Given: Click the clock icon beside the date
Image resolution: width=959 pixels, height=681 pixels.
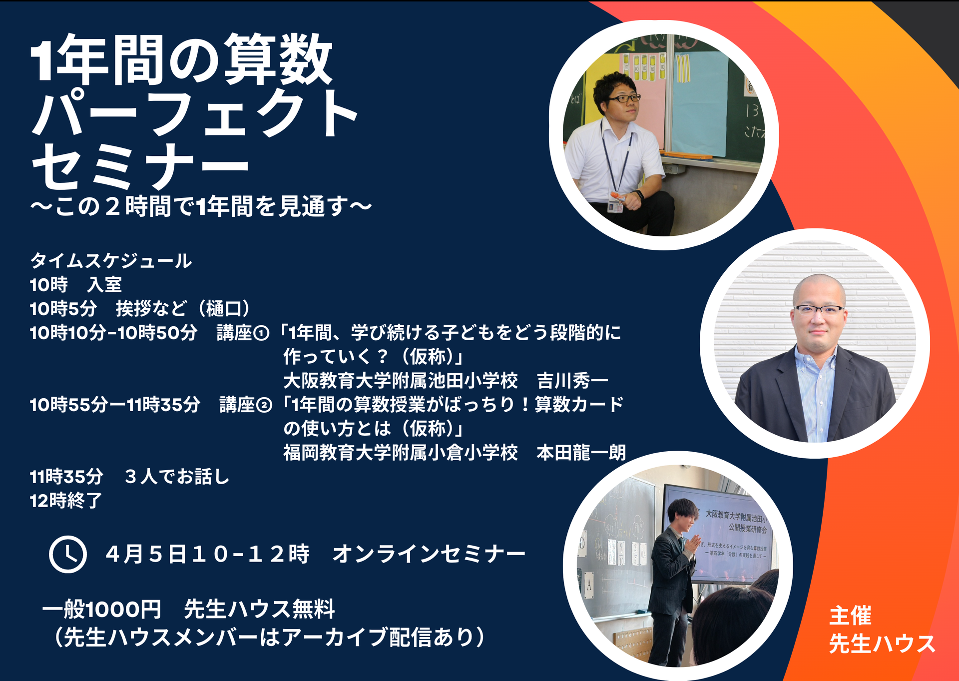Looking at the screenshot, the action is (x=68, y=555).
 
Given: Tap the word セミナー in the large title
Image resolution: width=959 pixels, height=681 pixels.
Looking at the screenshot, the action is (x=140, y=166).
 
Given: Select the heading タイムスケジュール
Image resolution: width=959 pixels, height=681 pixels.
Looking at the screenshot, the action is (x=111, y=261).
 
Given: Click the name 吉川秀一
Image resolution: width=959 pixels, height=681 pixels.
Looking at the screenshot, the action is (x=572, y=381).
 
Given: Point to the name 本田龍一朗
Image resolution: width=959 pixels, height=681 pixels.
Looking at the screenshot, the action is (x=581, y=453).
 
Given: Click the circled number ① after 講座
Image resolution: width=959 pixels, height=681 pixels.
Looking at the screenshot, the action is (x=262, y=333).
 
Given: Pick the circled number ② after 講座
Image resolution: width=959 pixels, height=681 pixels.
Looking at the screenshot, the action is (x=264, y=405).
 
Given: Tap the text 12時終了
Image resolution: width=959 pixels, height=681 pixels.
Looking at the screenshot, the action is (x=66, y=501).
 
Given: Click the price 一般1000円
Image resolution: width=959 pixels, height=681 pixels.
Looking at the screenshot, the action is (x=101, y=609).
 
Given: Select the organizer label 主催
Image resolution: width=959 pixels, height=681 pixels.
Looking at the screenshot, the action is (x=850, y=616).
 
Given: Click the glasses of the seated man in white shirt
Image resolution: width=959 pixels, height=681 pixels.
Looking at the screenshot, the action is (x=624, y=98).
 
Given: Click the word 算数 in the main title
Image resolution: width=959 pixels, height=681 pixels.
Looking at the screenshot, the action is (x=278, y=58).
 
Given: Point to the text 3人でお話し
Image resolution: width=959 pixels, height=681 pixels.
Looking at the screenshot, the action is (x=177, y=477).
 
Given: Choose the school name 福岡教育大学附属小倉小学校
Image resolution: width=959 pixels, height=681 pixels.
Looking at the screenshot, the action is (x=401, y=453).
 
